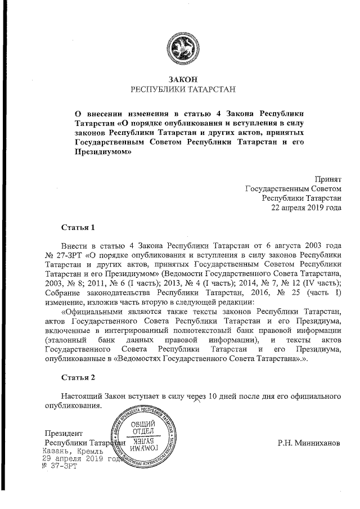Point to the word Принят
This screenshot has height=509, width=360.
[328, 178]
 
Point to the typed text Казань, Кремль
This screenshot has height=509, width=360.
[73, 451]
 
